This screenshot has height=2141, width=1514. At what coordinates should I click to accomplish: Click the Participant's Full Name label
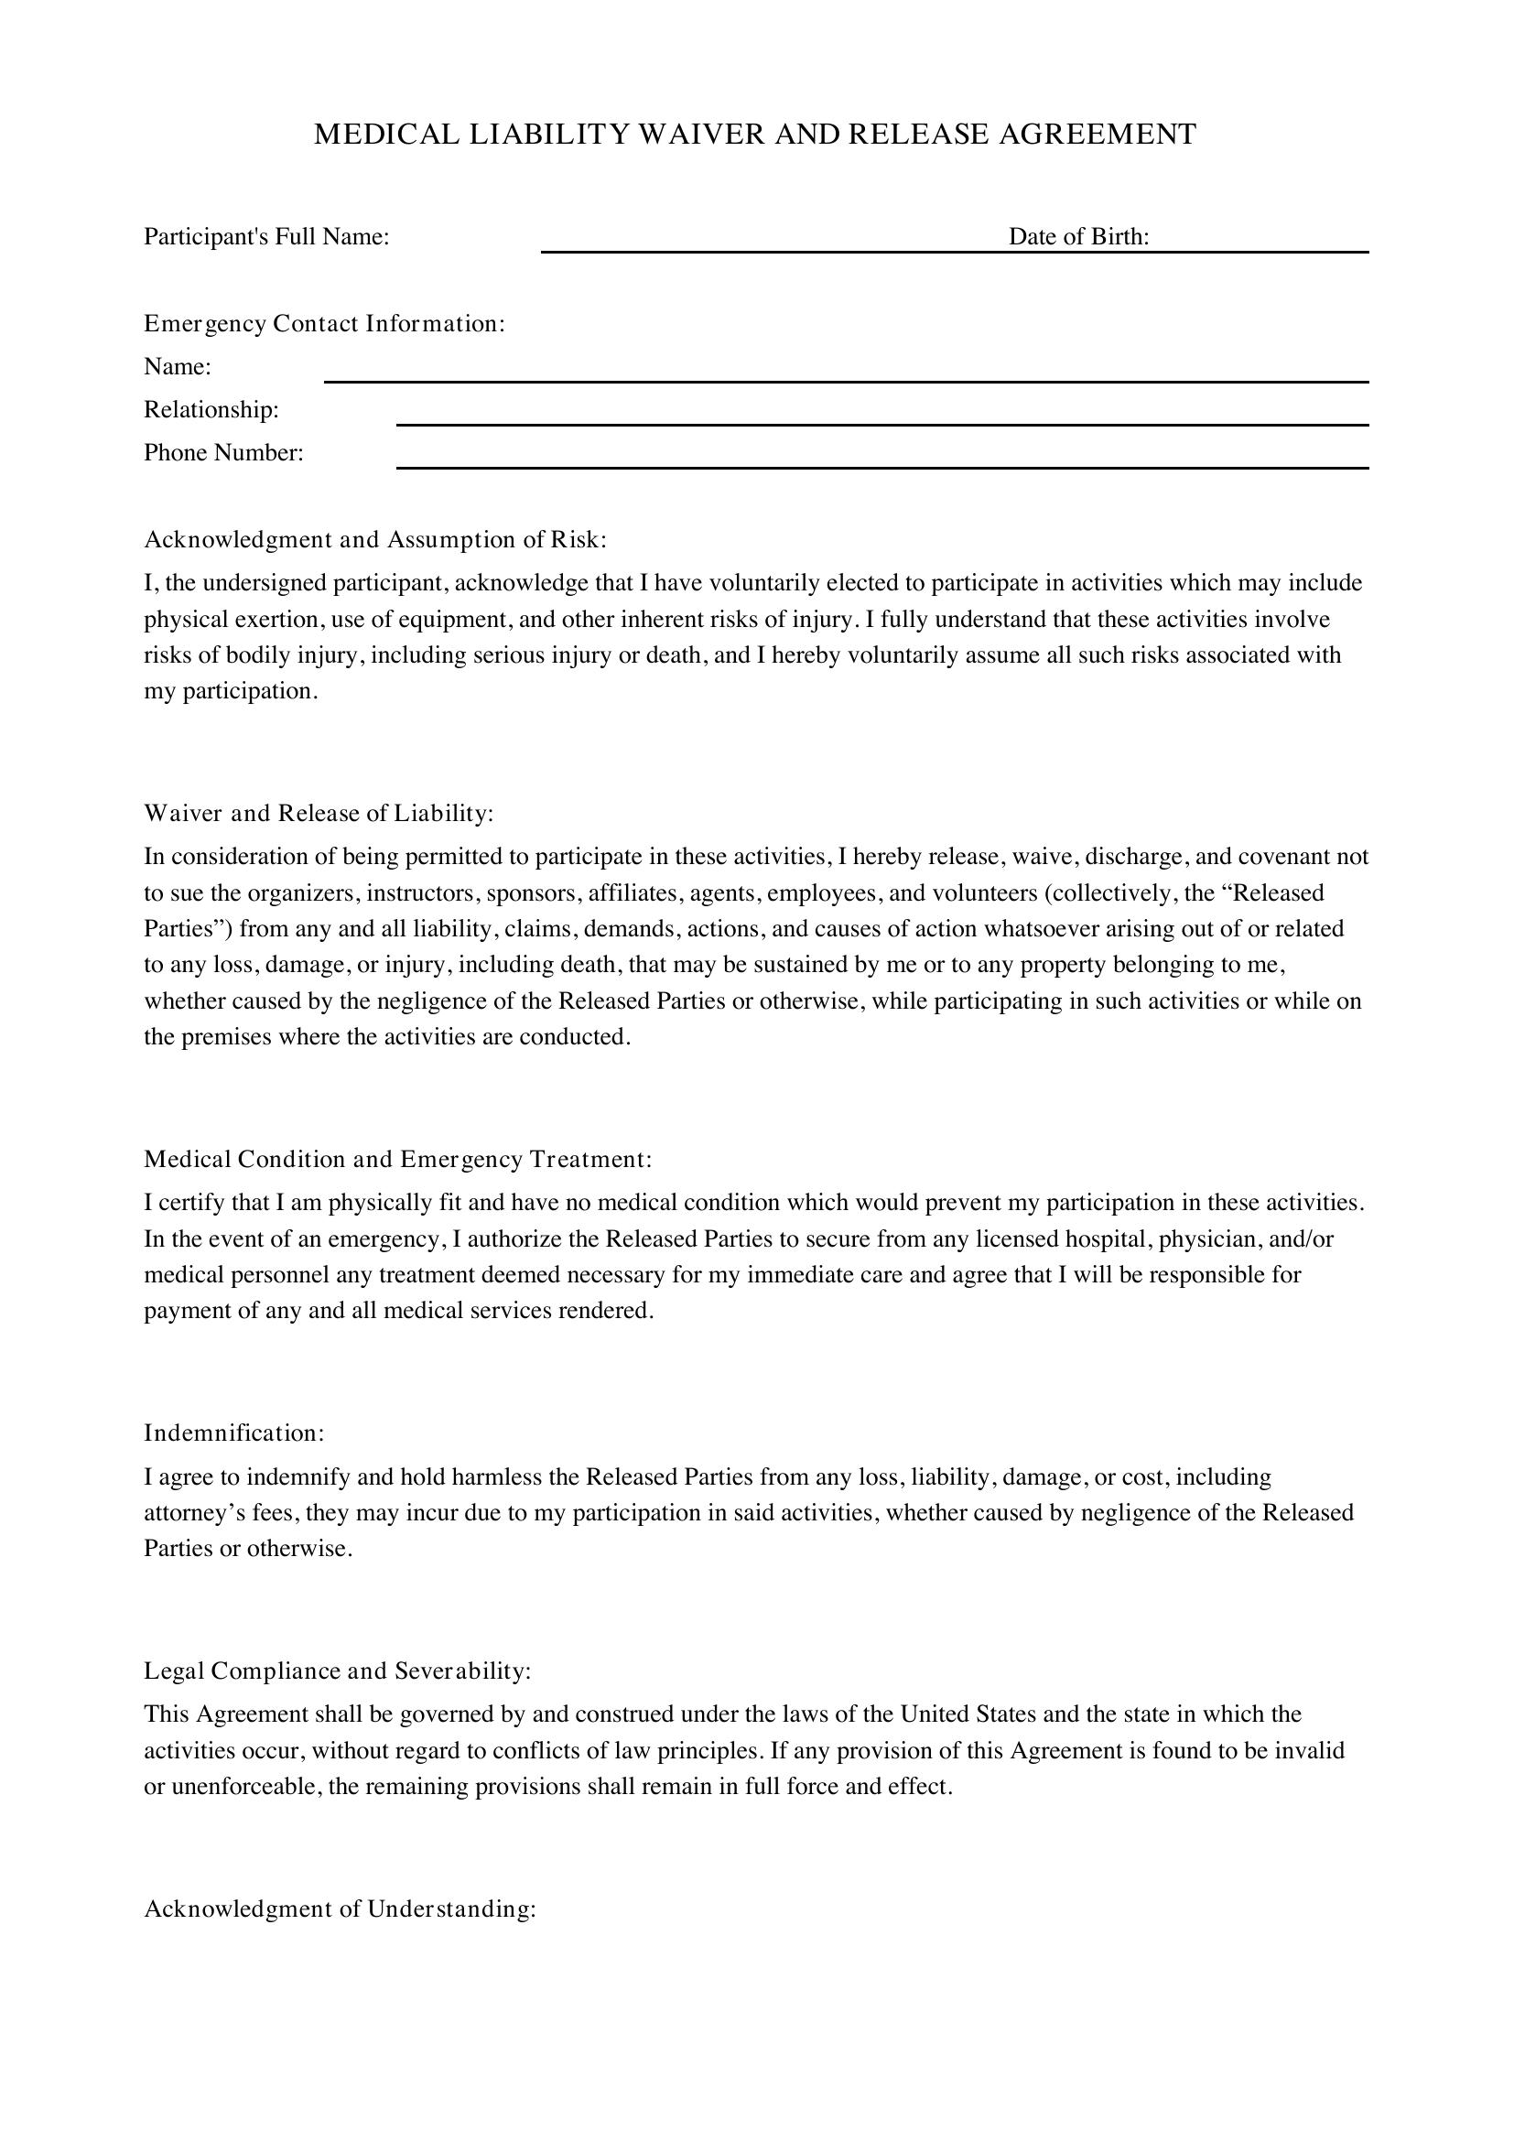[265, 237]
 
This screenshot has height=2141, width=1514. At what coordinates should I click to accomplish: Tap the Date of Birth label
[1078, 237]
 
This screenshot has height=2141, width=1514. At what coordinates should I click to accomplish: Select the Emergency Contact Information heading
[323, 323]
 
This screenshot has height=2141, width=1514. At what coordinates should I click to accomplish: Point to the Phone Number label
[223, 453]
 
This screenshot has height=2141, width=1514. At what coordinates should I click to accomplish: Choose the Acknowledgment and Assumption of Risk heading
[374, 540]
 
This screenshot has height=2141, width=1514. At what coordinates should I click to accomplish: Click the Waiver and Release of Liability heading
[318, 813]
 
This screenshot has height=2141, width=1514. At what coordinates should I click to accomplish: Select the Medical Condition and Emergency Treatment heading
[397, 1159]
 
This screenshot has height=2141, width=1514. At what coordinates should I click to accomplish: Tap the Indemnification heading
[234, 1433]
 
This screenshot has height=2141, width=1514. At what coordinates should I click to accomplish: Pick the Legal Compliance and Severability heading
[337, 1671]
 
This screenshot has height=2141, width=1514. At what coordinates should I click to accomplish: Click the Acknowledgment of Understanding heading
[340, 1909]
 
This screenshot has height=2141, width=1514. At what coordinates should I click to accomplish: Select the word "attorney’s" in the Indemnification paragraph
[194, 1512]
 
